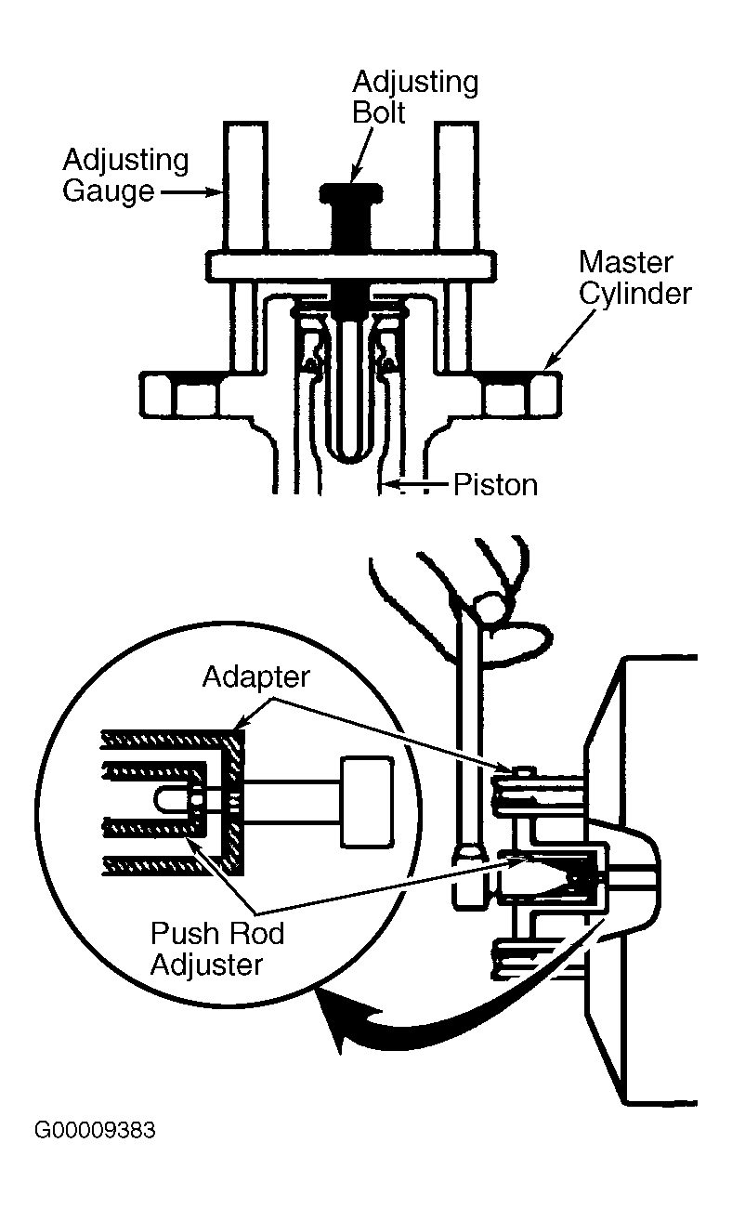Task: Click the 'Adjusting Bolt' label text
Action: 415,98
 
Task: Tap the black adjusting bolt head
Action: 351,194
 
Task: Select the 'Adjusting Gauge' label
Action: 125,176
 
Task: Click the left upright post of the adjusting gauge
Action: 245,186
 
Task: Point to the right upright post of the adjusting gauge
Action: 456,186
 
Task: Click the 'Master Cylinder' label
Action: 634,278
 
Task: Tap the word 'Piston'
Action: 495,485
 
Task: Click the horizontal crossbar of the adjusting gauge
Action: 351,266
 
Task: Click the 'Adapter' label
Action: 256,677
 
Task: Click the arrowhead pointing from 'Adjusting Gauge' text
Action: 216,191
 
